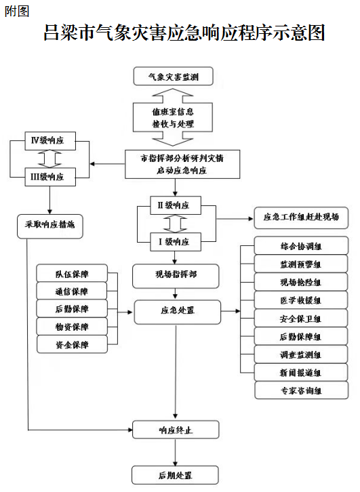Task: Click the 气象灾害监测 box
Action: (x=174, y=76)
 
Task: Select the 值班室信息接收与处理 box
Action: (x=173, y=117)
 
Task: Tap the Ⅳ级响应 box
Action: (x=50, y=141)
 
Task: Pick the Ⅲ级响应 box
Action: (x=50, y=177)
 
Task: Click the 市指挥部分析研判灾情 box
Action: (x=182, y=164)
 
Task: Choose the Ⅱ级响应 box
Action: (x=176, y=205)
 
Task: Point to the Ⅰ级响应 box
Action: (x=176, y=242)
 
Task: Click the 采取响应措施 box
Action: (x=50, y=226)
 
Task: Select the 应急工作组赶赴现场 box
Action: (x=301, y=218)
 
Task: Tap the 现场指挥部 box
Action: (x=176, y=276)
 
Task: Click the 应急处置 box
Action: (x=178, y=312)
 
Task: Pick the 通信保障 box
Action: (x=72, y=291)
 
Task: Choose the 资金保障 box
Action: (x=72, y=344)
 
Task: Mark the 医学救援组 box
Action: (x=301, y=300)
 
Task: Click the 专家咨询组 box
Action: (x=302, y=390)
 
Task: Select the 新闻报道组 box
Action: (x=301, y=372)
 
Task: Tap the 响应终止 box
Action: (x=176, y=430)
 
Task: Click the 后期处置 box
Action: (x=175, y=475)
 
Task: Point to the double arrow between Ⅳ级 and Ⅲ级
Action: (x=50, y=159)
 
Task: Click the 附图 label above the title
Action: (x=17, y=12)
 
